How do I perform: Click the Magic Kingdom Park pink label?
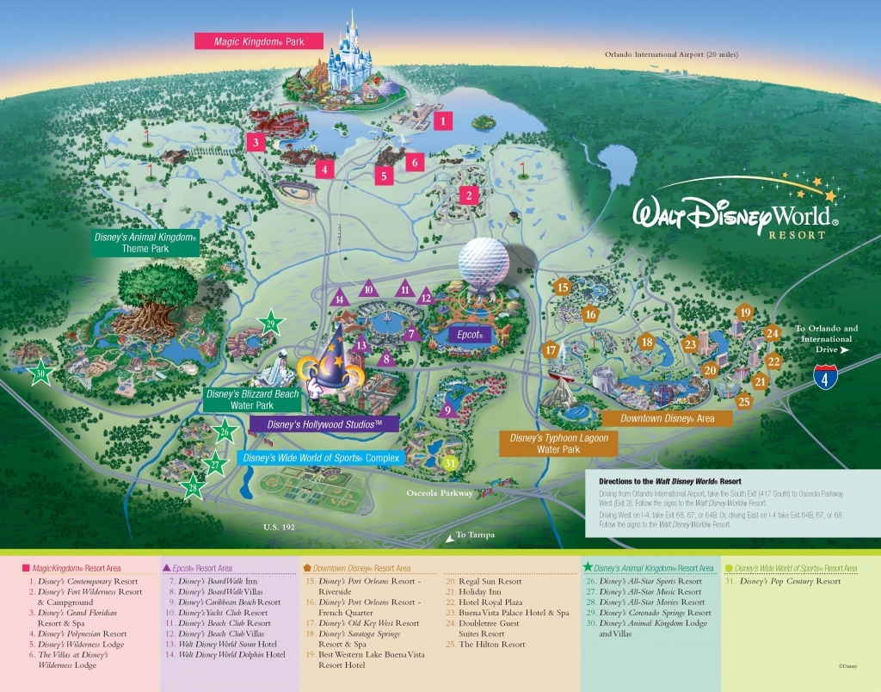tap(258, 40)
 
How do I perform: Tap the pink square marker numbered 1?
tap(442, 121)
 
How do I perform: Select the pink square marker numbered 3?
tap(256, 142)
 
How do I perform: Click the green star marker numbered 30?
tap(40, 374)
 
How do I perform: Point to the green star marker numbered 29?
tap(273, 324)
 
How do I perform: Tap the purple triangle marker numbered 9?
tap(446, 411)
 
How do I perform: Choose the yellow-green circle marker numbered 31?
tap(450, 462)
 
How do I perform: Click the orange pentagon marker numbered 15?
tap(564, 287)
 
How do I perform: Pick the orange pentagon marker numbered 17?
tap(551, 350)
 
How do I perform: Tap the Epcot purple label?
tap(467, 334)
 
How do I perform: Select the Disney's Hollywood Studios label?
tap(323, 424)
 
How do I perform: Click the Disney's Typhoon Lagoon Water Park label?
tap(558, 443)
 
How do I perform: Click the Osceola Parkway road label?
tap(440, 493)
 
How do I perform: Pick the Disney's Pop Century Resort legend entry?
tap(782, 582)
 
